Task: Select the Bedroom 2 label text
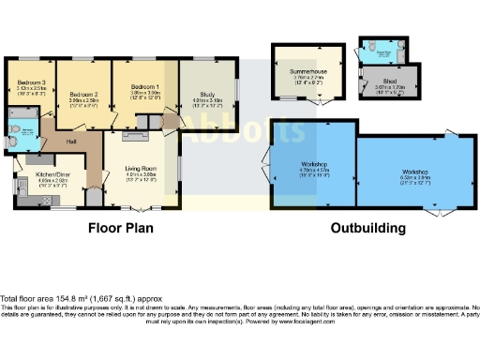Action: pyautogui.click(x=84, y=94)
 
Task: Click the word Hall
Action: pyautogui.click(x=71, y=142)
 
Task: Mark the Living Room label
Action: pyautogui.click(x=140, y=169)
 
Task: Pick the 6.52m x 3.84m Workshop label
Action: pyautogui.click(x=415, y=172)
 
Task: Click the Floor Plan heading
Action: pyautogui.click(x=121, y=228)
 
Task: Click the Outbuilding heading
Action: pyautogui.click(x=368, y=228)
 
